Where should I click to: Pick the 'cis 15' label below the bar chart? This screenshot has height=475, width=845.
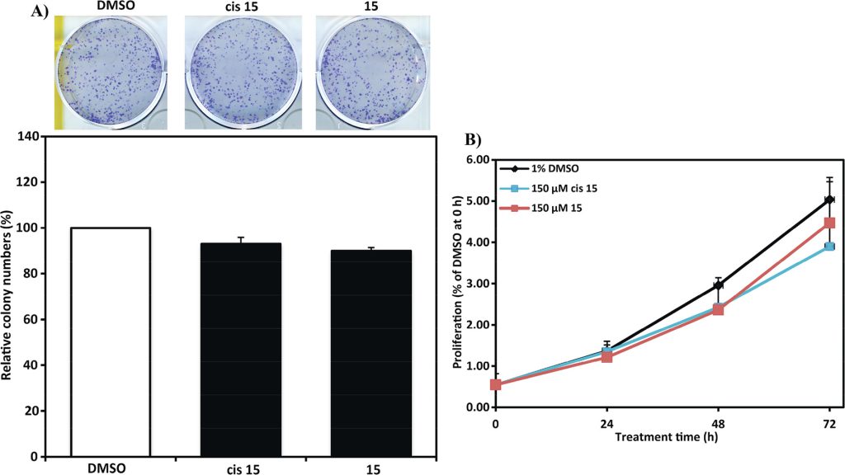pos(240,468)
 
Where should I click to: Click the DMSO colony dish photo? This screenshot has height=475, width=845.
pos(111,73)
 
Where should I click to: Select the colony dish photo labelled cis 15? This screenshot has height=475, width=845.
pos(241,73)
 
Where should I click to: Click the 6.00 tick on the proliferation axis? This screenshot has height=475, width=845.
pos(476,160)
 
